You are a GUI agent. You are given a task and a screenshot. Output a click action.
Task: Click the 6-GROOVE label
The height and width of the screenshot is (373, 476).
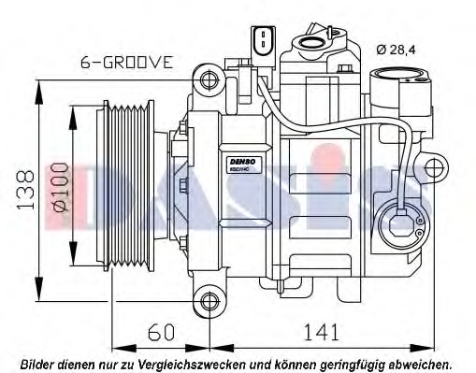click(127, 64)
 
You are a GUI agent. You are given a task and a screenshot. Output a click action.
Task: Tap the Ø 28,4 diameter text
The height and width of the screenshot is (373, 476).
click(395, 50)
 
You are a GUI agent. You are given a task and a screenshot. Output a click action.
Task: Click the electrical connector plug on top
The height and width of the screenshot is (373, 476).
click(263, 40)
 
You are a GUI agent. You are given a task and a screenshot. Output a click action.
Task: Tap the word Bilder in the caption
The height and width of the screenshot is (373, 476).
click(38, 363)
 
